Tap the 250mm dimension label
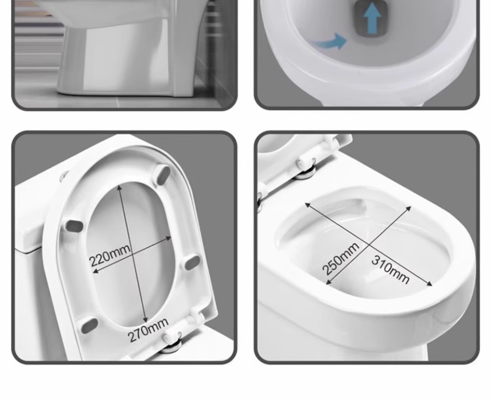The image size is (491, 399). pos(340,259)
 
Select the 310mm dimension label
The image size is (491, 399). pos(390,269)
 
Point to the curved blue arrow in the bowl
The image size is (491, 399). pos(329,42)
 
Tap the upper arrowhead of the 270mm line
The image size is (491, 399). pos(119,188)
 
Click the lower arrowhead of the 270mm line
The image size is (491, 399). pos(145,320)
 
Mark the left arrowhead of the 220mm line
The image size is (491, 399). pos(96,271)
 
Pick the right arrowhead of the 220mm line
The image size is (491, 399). pos(169,238)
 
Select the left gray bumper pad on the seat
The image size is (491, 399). pos(74,226)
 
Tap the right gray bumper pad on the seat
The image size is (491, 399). pos(192,263)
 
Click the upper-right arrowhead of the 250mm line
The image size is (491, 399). pos(408,209)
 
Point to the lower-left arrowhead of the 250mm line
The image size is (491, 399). pos(329,282)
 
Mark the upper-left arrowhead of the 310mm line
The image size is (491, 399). pos(308,205)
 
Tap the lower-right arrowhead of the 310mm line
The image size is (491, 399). pos(429,284)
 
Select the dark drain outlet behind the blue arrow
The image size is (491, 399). pos(371,19)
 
